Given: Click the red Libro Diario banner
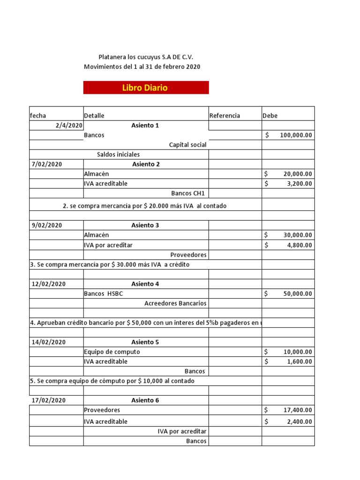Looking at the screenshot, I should tap(146, 88).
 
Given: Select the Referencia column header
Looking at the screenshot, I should tap(225, 116).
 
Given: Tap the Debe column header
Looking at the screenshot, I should tap(270, 116).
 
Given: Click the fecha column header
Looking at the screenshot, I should tap(38, 116).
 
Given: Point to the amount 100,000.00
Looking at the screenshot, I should tap(296, 135).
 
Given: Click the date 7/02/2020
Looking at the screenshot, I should tap(47, 164).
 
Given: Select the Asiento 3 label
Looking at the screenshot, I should tap(145, 225).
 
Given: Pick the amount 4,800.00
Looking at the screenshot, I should tap(298, 245).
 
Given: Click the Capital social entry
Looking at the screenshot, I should tap(187, 145).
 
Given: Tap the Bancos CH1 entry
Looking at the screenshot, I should tap(189, 193).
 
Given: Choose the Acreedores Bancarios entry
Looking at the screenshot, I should tap(175, 303).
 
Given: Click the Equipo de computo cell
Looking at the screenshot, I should tap(112, 352).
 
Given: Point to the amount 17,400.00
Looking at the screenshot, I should tap(298, 410).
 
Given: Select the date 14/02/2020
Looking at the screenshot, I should tap(49, 342).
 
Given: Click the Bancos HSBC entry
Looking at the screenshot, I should tap(104, 294).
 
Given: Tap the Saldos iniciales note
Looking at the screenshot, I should tap(118, 154).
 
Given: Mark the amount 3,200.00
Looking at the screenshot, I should tap(298, 183).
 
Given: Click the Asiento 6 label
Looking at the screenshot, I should tap(145, 400).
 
